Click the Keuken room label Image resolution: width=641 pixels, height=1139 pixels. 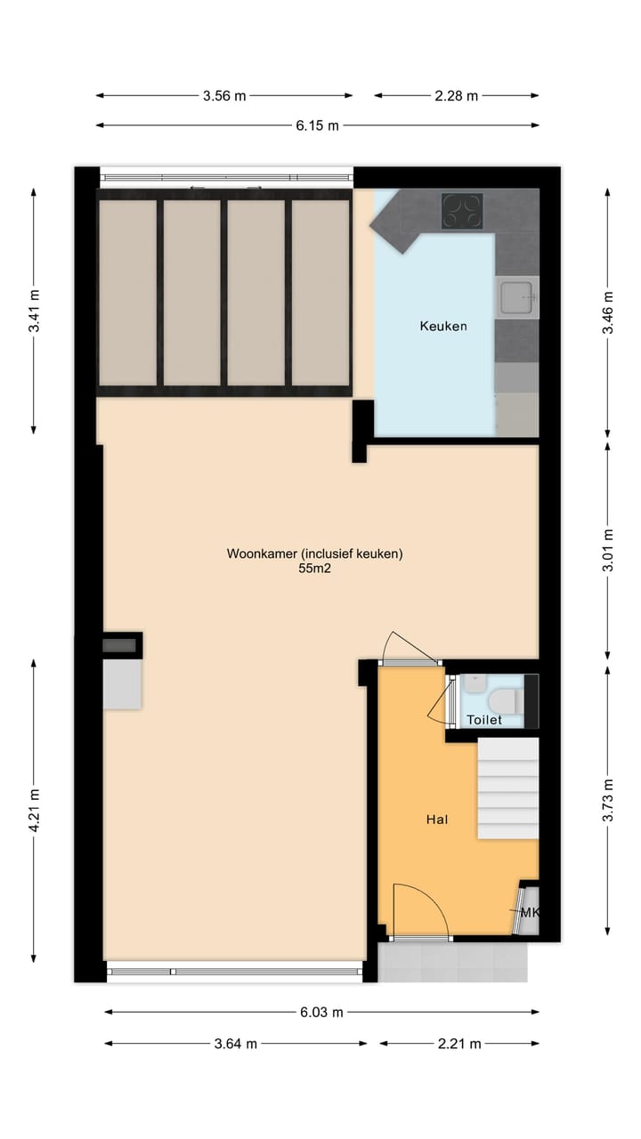[442, 327]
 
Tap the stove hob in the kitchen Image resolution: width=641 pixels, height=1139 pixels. [462, 211]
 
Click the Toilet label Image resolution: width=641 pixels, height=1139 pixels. [484, 720]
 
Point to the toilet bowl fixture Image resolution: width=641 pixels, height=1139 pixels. [505, 696]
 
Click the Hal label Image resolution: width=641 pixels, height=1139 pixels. [435, 820]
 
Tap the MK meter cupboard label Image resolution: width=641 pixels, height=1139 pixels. [530, 913]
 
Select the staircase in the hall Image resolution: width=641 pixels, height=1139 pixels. [508, 788]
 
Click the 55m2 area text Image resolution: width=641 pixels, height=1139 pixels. [314, 569]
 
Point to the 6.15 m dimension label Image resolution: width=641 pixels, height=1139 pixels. [317, 125]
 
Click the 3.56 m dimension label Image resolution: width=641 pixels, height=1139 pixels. [224, 96]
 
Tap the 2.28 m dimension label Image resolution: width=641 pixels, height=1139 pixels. [456, 96]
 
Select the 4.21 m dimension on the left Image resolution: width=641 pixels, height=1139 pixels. [35, 811]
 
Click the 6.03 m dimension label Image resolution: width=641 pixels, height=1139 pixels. [321, 1012]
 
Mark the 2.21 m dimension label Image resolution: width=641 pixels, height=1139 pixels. [459, 1044]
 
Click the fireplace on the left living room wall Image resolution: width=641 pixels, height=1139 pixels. [121, 674]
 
